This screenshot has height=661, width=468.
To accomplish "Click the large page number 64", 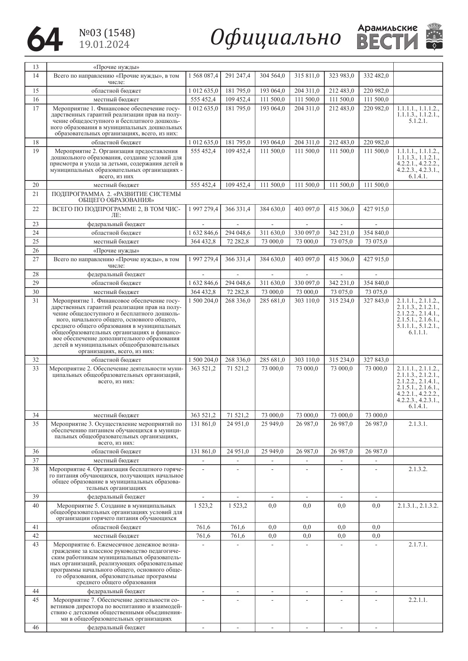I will [x=44, y=39].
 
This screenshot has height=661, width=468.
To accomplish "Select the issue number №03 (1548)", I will [x=107, y=33].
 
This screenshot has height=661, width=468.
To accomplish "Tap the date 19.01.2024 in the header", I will [x=104, y=45].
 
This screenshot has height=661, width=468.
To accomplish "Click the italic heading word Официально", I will [x=275, y=38].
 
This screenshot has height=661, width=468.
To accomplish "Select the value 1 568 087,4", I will [x=203, y=76].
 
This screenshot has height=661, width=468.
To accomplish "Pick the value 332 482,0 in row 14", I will [x=376, y=76].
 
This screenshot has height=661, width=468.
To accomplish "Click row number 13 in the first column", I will [x=35, y=67].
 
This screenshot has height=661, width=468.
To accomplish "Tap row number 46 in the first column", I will [x=35, y=627].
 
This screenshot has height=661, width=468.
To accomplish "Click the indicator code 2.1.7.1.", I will [x=418, y=545].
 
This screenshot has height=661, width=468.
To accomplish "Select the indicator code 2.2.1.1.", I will [x=418, y=600].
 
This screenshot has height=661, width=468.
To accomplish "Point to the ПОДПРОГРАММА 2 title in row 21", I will [x=116, y=197].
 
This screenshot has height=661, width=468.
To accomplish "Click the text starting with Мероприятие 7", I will [x=116, y=609].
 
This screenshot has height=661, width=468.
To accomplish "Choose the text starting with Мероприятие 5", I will [x=116, y=512].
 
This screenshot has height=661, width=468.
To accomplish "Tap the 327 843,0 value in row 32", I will [x=376, y=360].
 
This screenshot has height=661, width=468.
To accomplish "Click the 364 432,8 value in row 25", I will [x=203, y=242].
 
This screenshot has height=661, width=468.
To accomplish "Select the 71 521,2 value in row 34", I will [x=238, y=415].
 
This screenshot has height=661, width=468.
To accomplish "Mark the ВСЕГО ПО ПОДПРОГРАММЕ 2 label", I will [x=116, y=212].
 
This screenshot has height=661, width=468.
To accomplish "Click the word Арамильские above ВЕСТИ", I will [x=387, y=28].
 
